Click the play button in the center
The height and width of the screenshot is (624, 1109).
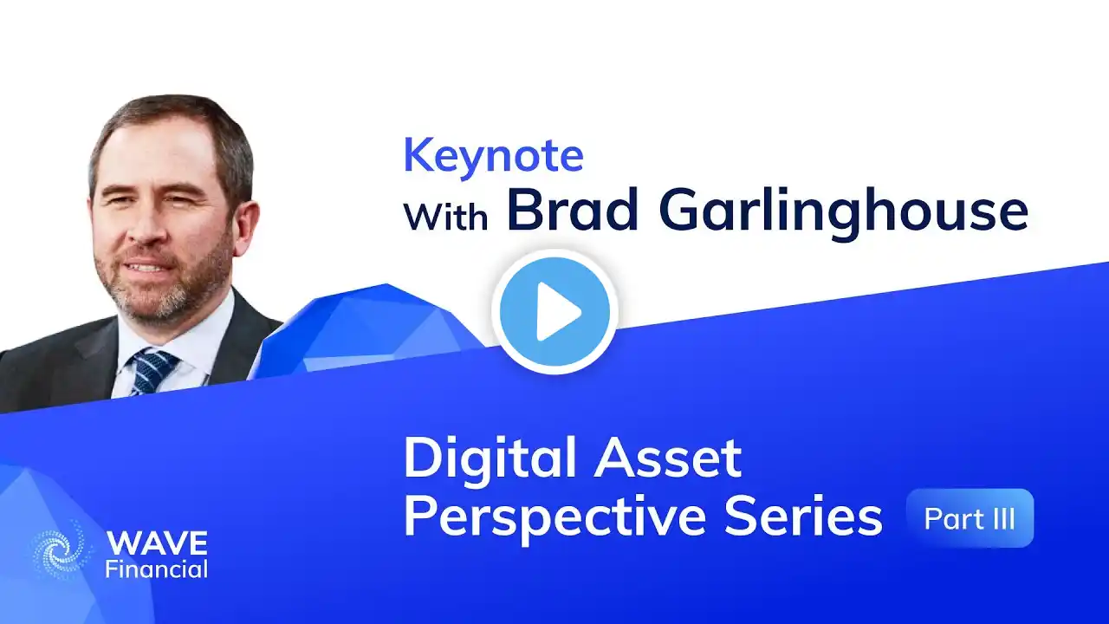pos(554,312)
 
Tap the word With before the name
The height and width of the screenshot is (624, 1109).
pos(445,216)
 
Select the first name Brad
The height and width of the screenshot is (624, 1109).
pos(572,211)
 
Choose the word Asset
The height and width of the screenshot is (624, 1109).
pos(668,458)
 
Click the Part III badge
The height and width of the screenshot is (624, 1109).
pos(970,518)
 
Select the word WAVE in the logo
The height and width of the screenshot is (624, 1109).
pos(157,543)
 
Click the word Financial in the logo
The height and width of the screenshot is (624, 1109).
pos(157,569)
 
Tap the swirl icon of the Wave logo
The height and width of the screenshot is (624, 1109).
pos(62,549)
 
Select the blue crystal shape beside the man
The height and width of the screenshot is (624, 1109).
pos(366,329)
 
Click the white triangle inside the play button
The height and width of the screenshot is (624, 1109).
pos(557,312)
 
